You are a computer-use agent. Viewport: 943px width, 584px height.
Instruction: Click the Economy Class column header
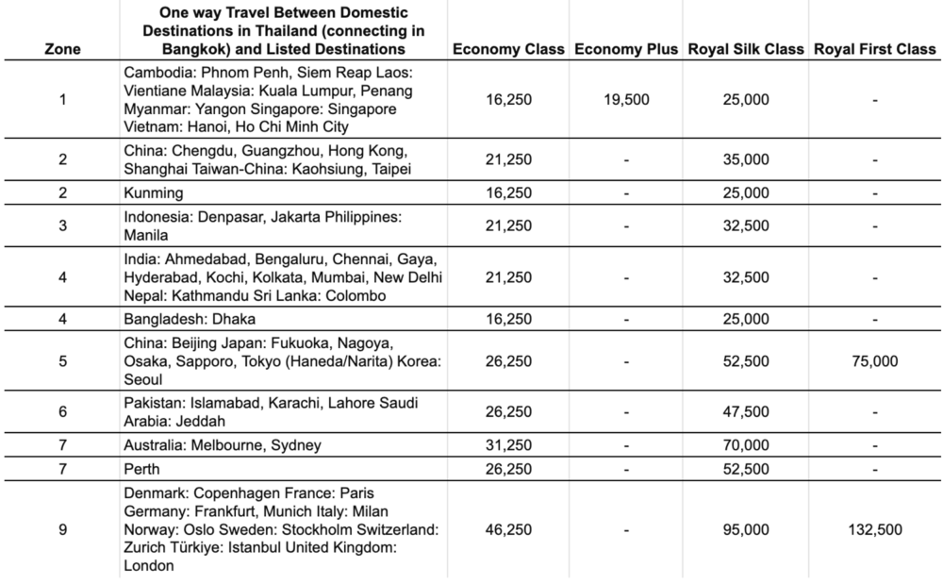point(508,49)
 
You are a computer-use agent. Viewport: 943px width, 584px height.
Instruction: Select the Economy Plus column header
point(625,49)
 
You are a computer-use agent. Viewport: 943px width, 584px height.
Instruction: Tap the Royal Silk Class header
point(746,49)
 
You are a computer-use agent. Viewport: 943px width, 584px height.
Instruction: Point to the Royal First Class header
point(875,49)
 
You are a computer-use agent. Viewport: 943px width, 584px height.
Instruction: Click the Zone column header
point(62,49)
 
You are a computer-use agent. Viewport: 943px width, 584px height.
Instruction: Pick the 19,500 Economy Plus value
point(625,99)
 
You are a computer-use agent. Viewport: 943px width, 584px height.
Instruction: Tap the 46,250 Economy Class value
point(508,530)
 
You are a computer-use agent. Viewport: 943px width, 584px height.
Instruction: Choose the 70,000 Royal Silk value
point(746,445)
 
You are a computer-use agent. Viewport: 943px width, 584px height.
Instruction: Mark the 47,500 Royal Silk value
point(746,412)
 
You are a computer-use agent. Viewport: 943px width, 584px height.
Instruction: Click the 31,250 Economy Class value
point(508,445)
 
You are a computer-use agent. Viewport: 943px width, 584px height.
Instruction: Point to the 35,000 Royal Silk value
point(746,159)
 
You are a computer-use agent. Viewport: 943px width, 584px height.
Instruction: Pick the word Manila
point(146,235)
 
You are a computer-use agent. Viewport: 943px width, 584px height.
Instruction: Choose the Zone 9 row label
point(62,530)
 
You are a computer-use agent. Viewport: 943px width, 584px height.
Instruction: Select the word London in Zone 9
point(147,566)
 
